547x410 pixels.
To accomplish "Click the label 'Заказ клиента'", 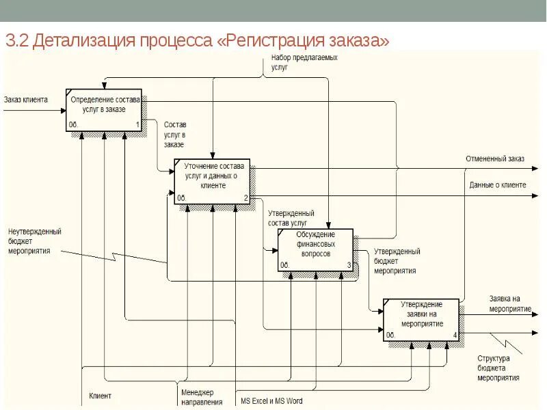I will (x=26, y=100).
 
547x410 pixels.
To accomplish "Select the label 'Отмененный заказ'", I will (x=495, y=159).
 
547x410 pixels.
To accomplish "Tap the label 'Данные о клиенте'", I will (x=497, y=185).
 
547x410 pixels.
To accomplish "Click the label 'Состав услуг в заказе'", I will (x=175, y=135).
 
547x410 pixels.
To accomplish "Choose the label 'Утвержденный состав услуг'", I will (x=291, y=218).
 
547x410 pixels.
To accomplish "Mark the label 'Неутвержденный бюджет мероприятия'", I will (x=35, y=241).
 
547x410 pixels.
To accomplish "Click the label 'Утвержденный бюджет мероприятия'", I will (x=397, y=261).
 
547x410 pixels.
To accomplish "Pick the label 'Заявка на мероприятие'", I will (x=510, y=303).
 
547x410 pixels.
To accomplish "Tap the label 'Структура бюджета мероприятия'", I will (x=498, y=368).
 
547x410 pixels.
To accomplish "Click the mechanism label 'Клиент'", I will (x=100, y=396).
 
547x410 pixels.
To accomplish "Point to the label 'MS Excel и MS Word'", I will (x=271, y=401).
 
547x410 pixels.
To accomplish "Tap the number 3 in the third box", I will (x=349, y=265).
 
